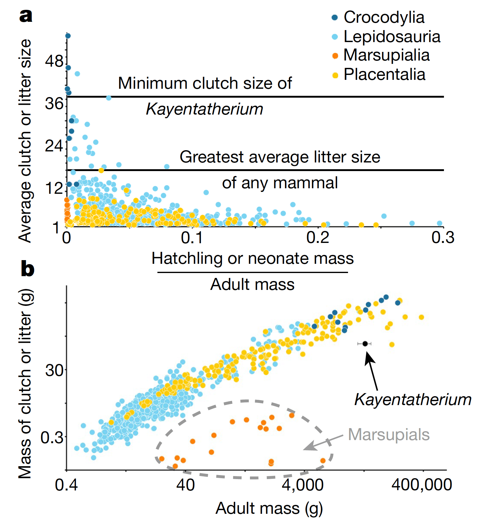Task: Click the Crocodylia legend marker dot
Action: (335, 18)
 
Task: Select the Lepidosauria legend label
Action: (392, 37)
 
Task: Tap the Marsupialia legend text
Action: (386, 55)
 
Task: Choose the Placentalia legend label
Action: (384, 74)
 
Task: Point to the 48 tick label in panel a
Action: (54, 61)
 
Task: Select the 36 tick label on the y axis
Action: (54, 103)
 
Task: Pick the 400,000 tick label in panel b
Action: (422, 485)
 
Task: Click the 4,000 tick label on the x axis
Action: (303, 485)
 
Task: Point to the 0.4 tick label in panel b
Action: (66, 485)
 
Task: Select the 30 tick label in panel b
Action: (54, 370)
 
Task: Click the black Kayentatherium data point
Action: (365, 344)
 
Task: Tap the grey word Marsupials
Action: (389, 435)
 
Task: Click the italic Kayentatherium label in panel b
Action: (413, 400)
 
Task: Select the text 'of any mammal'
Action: (280, 183)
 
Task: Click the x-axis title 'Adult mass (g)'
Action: (269, 508)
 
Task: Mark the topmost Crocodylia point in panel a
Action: (68, 36)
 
